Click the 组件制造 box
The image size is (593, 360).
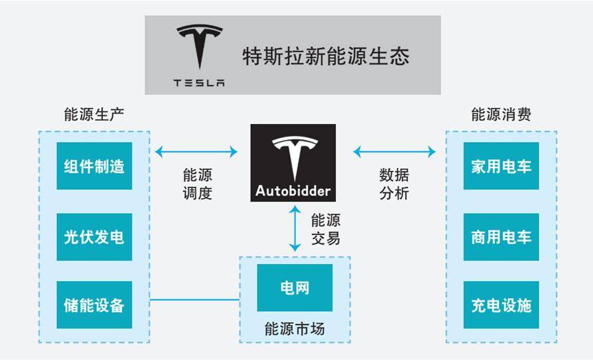tap(94, 166)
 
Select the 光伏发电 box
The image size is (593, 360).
tap(94, 237)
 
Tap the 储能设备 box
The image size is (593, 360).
tap(94, 304)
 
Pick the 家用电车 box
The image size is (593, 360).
tap(501, 166)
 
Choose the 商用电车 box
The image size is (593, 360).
tap(501, 237)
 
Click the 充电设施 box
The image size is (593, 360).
tap(501, 304)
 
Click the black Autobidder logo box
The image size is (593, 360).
tap(293, 163)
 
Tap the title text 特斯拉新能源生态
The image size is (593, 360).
tap(326, 56)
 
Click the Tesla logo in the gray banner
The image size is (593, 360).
tap(199, 56)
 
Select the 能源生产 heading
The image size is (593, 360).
tap(93, 114)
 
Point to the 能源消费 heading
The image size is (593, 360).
tap(501, 114)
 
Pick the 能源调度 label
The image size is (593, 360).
tap(197, 184)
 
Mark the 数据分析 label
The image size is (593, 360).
tap(394, 184)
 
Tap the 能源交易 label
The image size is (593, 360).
tap(326, 229)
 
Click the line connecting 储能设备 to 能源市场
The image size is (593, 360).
tap(195, 300)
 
